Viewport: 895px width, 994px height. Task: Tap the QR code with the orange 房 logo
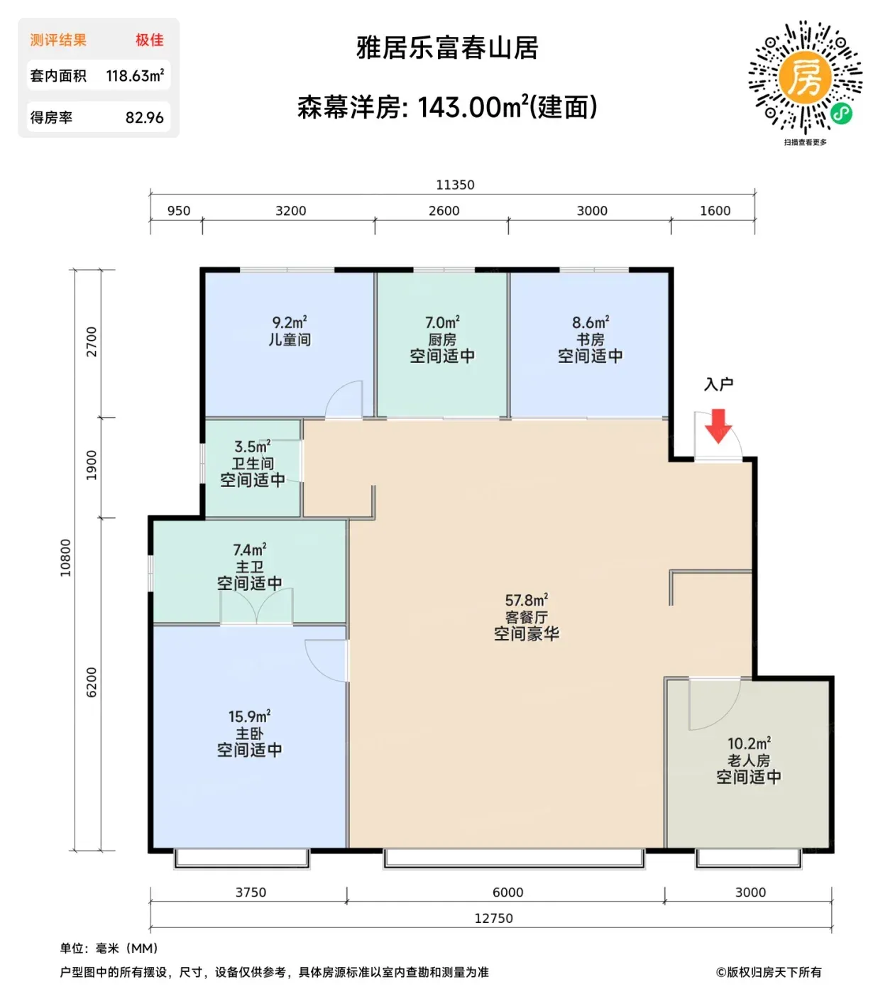click(805, 77)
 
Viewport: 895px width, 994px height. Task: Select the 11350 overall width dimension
click(455, 185)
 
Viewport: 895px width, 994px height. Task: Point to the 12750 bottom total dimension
click(493, 918)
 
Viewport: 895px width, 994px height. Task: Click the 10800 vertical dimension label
click(65, 558)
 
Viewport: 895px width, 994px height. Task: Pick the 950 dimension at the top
click(178, 211)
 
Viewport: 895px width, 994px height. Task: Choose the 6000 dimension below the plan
click(507, 892)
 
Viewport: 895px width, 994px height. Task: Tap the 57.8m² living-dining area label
click(527, 600)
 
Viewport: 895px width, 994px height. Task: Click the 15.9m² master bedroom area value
click(249, 716)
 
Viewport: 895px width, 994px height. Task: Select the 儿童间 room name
click(290, 339)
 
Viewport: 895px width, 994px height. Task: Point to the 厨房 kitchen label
click(442, 339)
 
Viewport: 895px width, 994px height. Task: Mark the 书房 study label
click(591, 339)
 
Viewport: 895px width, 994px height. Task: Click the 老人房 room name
click(749, 760)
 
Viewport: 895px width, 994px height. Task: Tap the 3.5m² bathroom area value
click(252, 446)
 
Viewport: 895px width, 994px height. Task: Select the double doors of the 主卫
click(256, 606)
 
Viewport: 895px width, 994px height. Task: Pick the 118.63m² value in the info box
click(135, 75)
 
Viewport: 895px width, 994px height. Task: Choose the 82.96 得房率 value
click(144, 117)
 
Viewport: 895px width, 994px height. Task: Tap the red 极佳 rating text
click(149, 40)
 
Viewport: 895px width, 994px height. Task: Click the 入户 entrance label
click(718, 384)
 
